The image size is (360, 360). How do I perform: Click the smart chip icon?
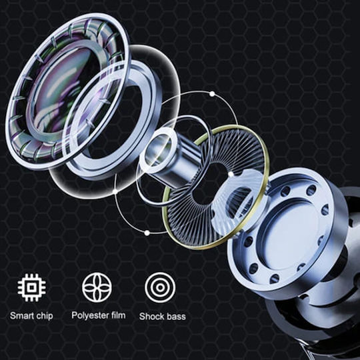pyautogui.click(x=32, y=287)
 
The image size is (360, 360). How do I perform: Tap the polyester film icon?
pyautogui.click(x=97, y=287)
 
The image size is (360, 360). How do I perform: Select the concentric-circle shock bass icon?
pyautogui.click(x=160, y=287)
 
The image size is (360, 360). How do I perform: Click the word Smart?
pyautogui.click(x=22, y=316)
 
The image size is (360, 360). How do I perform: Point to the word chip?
pyautogui.click(x=45, y=317)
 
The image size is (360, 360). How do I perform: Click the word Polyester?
pyautogui.click(x=91, y=315)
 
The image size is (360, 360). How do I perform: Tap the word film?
pyautogui.click(x=119, y=315)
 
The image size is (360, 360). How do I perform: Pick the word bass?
pyautogui.click(x=176, y=317)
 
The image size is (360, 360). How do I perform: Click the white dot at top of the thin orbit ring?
pyautogui.click(x=212, y=94)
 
